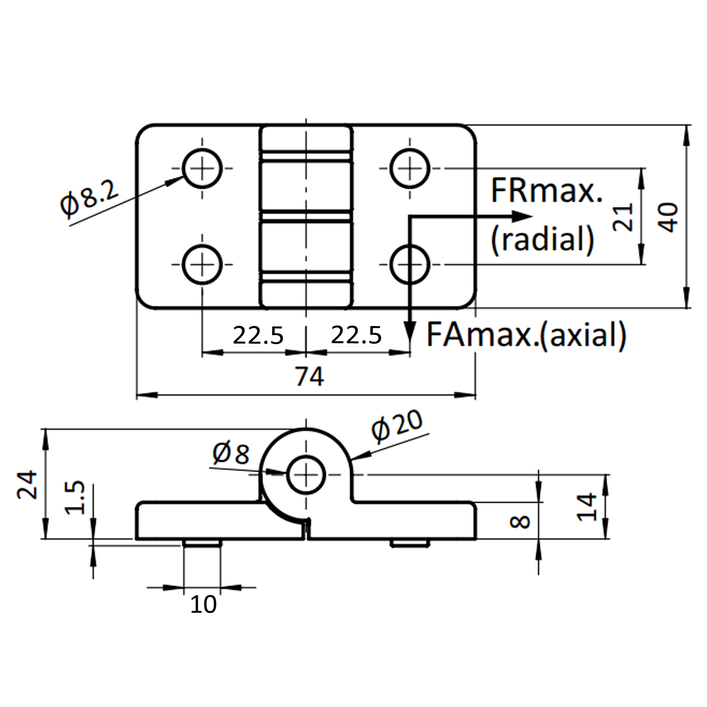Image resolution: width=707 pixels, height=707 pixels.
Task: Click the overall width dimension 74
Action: point(310,377)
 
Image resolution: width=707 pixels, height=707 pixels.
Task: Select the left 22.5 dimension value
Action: point(258,335)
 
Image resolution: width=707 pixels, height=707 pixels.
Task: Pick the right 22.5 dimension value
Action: point(356,335)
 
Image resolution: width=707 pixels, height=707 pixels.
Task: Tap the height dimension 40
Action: point(668,217)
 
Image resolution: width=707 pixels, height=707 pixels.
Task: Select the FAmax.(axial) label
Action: point(526,335)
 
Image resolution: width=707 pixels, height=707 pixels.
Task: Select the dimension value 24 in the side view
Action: point(27,485)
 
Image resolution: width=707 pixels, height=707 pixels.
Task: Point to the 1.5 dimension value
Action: point(75,498)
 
